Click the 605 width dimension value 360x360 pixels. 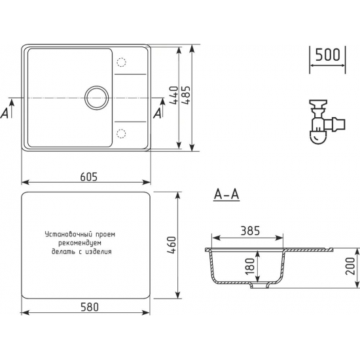[x=89, y=175]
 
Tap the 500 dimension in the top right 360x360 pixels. [x=327, y=54]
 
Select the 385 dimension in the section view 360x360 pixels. [x=251, y=230]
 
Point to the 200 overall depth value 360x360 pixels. [x=350, y=267]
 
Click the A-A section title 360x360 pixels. [x=226, y=194]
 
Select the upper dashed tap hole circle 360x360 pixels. [x=121, y=63]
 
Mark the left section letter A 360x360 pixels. [x=6, y=112]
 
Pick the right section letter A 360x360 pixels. [x=156, y=112]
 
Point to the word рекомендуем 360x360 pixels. [x=87, y=242]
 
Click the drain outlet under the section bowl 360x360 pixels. [x=260, y=286]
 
